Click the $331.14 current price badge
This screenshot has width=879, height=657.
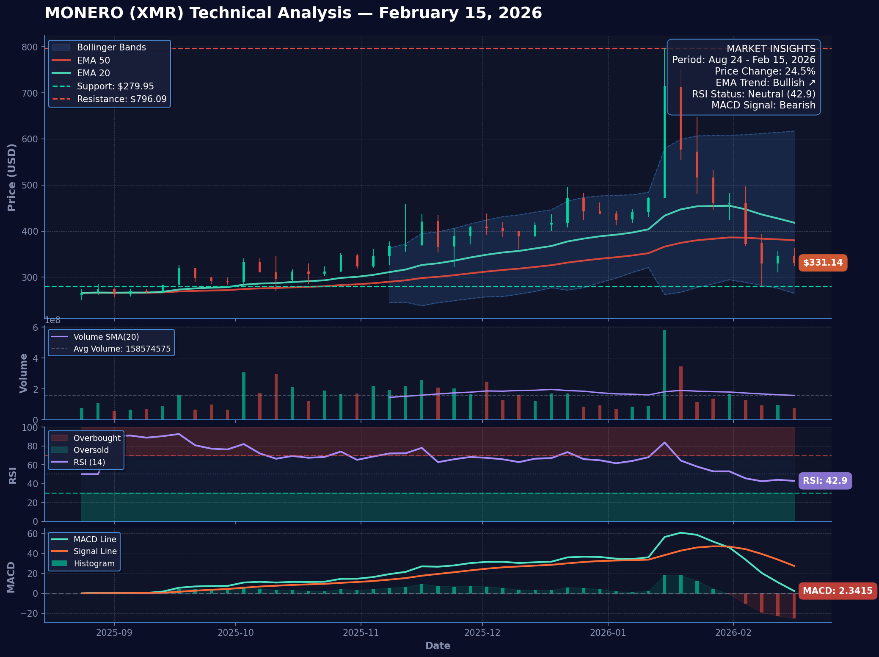[823, 263]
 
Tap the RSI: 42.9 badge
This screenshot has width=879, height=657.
[825, 481]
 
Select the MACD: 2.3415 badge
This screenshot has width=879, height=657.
[837, 591]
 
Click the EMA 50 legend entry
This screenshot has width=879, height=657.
[93, 61]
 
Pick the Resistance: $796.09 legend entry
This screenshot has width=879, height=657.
[121, 99]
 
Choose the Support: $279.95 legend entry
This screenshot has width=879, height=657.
[115, 86]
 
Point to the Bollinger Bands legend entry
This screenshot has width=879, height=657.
[111, 47]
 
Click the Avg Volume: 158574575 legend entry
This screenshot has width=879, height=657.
[121, 349]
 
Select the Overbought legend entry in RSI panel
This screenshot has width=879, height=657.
[96, 438]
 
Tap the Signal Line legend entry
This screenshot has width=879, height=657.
[95, 551]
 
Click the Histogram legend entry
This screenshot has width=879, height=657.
[94, 563]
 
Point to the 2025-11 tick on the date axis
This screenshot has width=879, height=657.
[361, 633]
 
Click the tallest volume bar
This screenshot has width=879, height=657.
[664, 375]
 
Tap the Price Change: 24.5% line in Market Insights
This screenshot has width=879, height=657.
[765, 71]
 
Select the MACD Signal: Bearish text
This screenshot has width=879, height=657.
[763, 105]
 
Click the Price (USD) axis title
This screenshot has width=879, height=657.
[12, 177]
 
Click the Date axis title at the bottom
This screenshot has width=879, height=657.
[438, 646]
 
